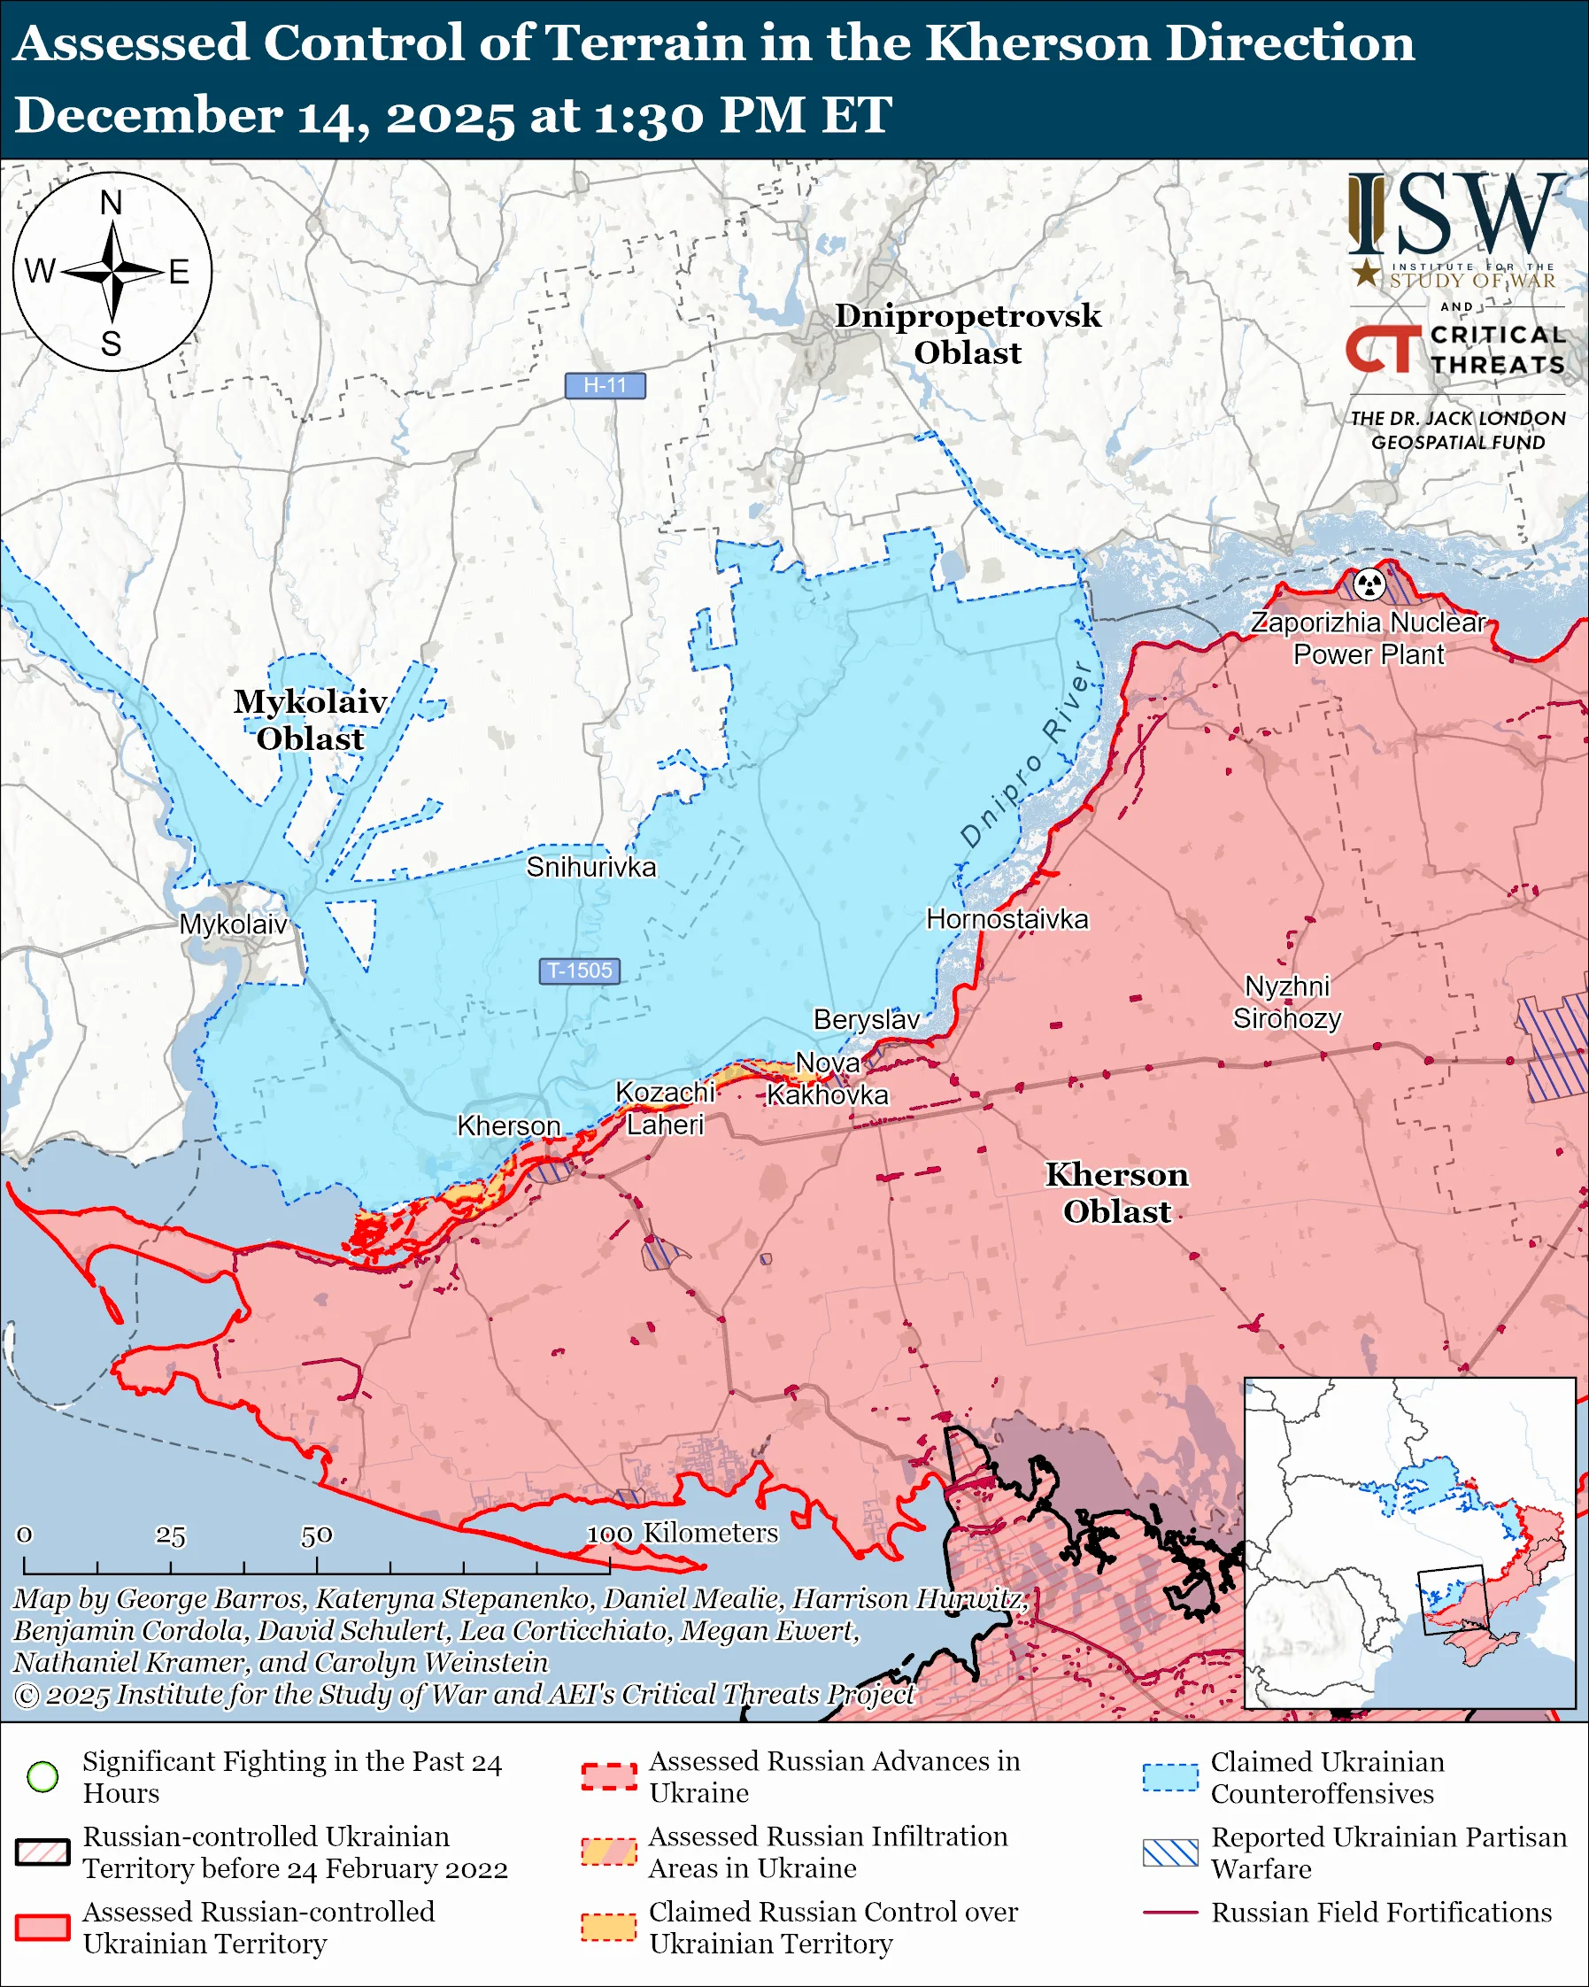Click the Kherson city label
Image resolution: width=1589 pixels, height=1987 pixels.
[508, 1125]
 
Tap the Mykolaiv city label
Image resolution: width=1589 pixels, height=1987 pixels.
[233, 924]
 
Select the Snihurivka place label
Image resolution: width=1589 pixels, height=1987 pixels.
[590, 866]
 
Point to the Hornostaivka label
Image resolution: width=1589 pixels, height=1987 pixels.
[1007, 919]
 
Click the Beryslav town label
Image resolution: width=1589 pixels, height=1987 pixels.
[866, 1019]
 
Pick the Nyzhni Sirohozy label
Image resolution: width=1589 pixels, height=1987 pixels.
[1287, 1001]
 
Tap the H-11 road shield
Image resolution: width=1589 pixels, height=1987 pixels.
[606, 385]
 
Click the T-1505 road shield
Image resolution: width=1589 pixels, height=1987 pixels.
[580, 970]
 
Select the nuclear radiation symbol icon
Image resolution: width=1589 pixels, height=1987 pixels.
[1369, 583]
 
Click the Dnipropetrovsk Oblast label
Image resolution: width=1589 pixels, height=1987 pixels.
[968, 334]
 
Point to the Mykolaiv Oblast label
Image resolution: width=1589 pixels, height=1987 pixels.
[310, 720]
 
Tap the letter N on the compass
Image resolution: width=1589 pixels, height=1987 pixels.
[112, 203]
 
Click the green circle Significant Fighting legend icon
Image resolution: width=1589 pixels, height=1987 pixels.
[42, 1776]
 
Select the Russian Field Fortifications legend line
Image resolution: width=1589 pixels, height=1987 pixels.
[1170, 1913]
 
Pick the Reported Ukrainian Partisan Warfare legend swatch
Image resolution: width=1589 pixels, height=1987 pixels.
[1170, 1852]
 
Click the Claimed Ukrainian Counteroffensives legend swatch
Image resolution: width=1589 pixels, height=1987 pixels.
[1170, 1777]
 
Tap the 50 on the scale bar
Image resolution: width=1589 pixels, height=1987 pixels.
[316, 1535]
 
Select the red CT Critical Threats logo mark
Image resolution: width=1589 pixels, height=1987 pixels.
[1383, 348]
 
